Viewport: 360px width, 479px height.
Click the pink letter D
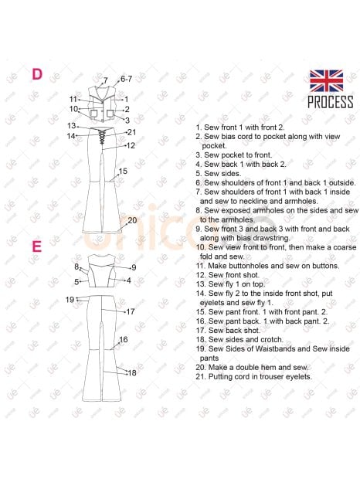tap(37, 74)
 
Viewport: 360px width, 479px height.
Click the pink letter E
tap(36, 246)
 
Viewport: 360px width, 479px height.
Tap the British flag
tap(327, 81)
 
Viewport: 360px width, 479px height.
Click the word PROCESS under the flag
tap(331, 102)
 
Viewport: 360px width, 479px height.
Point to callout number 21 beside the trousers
tap(131, 132)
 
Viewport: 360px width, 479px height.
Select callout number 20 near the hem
tap(132, 220)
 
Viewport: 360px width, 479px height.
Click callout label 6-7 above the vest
tap(126, 79)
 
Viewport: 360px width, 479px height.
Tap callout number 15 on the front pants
tap(123, 171)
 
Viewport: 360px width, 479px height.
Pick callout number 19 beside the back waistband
tap(70, 300)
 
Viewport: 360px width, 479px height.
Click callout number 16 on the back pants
tap(124, 339)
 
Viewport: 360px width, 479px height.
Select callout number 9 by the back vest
tap(134, 267)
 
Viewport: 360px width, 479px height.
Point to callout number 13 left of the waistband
tap(71, 126)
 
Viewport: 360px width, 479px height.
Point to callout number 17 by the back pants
tap(131, 311)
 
